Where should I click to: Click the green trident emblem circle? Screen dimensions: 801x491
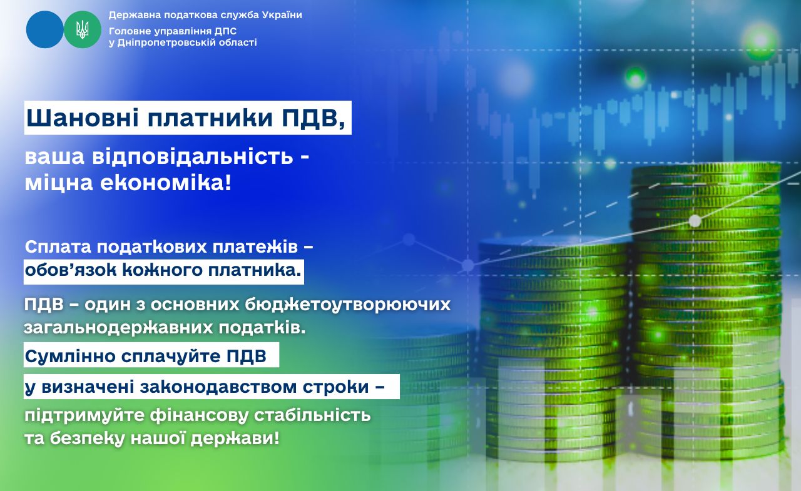click(83, 29)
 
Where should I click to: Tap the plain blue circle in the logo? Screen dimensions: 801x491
click(44, 29)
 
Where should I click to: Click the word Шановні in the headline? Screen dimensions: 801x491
click(83, 118)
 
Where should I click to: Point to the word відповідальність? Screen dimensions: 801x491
click(193, 157)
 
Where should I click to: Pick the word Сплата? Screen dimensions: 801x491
click(58, 247)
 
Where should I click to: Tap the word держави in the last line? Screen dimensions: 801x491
click(235, 439)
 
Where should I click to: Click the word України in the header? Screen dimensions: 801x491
click(282, 15)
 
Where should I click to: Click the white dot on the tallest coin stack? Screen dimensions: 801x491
click(695, 221)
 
